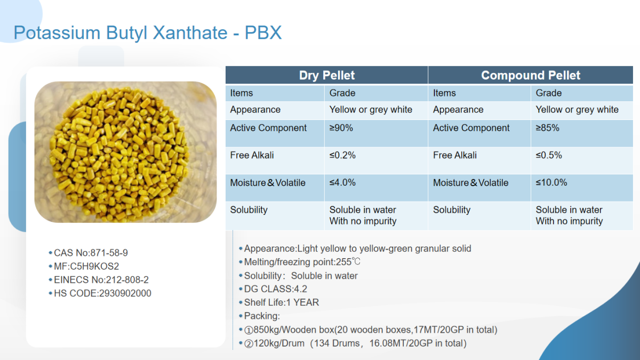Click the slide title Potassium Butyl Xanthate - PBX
[x=148, y=33]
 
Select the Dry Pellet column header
[x=326, y=75]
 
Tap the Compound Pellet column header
[x=531, y=75]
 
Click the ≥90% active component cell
[x=341, y=127]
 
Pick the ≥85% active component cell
[x=547, y=127]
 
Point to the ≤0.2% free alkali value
[x=342, y=155]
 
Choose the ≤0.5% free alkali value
[x=549, y=155]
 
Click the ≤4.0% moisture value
[x=342, y=182]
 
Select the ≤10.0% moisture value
[x=551, y=182]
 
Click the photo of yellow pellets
[x=125, y=152]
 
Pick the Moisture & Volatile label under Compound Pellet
[x=470, y=183]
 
